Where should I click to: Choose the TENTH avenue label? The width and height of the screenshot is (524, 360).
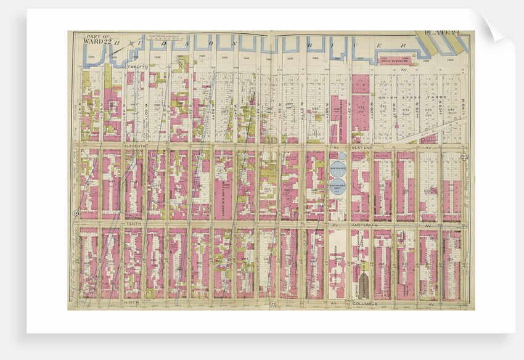[133, 224]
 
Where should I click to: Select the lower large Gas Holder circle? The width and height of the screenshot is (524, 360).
[337, 185]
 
